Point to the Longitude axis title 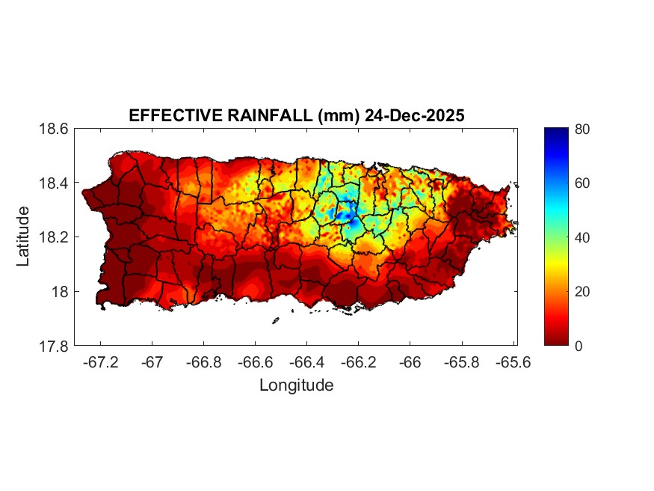(x=296, y=385)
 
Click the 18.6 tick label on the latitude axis (x=54, y=129)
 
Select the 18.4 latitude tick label (x=54, y=183)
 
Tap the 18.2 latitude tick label (x=54, y=237)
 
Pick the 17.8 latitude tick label (x=54, y=346)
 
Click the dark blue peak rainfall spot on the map (x=345, y=216)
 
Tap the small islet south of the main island (x=275, y=320)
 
